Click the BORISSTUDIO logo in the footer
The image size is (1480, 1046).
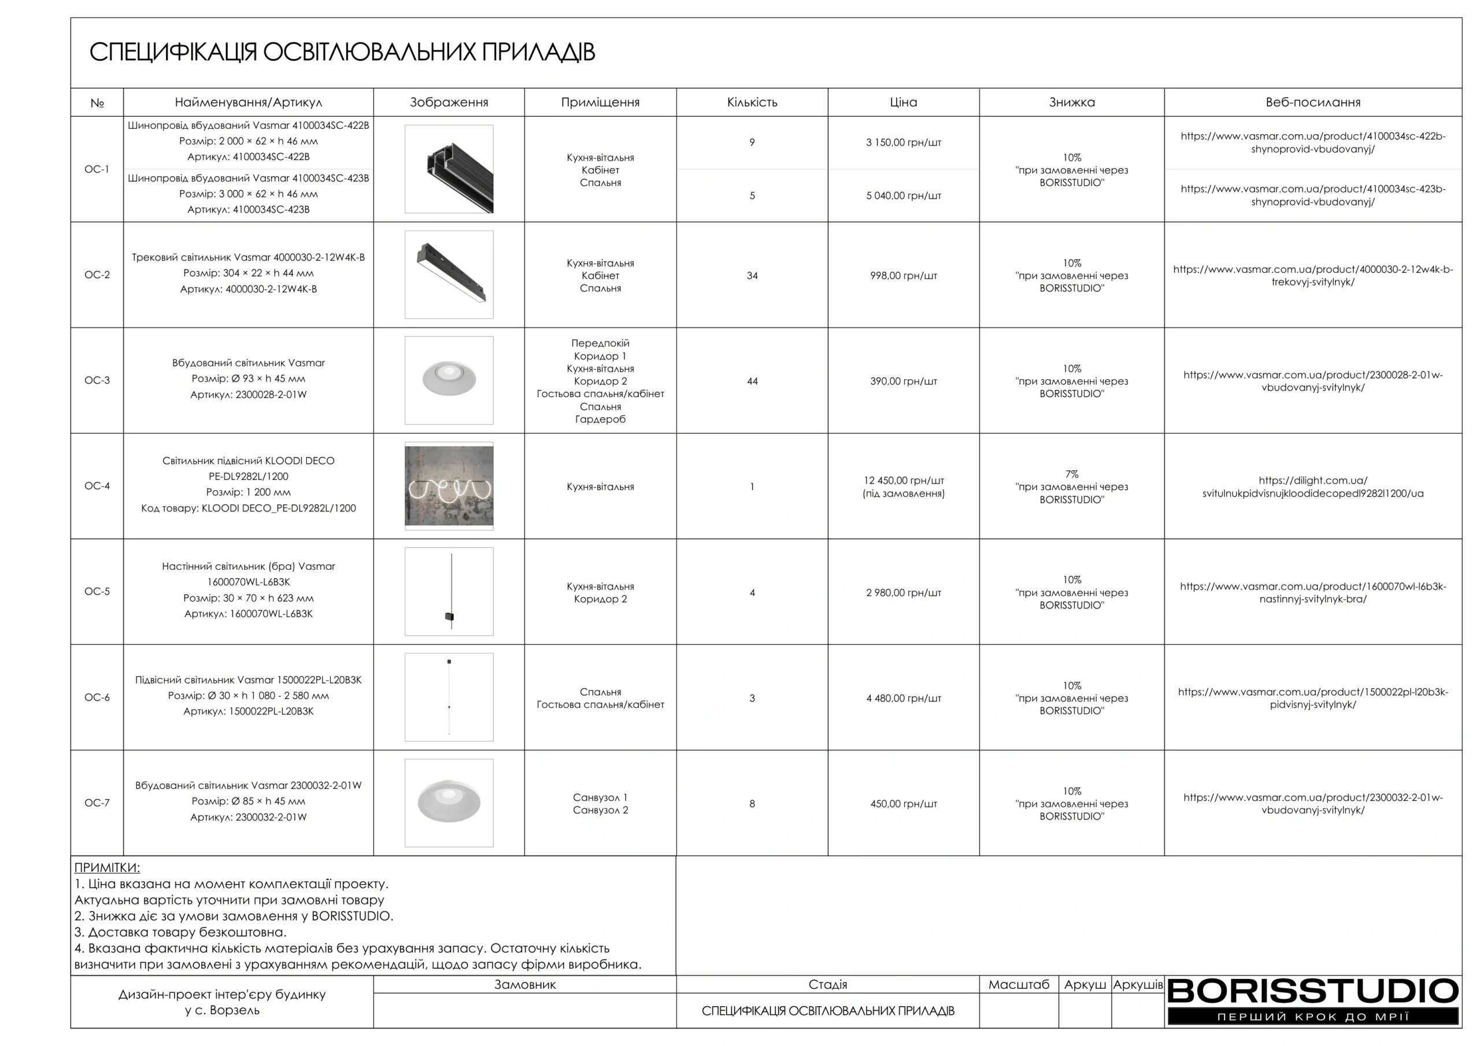click(1312, 1000)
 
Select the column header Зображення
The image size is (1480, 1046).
click(449, 102)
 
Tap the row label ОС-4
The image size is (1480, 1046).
click(97, 486)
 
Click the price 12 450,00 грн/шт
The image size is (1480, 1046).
click(903, 481)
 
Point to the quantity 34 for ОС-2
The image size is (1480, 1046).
click(752, 276)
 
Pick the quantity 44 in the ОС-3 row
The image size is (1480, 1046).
click(752, 381)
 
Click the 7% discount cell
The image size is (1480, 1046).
click(1071, 487)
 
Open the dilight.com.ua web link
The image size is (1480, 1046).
click(1312, 487)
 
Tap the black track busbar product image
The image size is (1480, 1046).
click(449, 169)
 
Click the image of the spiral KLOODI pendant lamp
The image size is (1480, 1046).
click(449, 486)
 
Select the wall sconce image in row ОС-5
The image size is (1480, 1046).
click(449, 592)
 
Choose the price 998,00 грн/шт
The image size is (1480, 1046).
click(903, 276)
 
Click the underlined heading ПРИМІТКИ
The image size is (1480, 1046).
click(107, 867)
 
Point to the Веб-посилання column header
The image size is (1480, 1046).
click(1312, 102)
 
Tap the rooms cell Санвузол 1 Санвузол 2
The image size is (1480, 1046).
click(600, 804)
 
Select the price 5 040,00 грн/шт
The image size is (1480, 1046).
click(903, 196)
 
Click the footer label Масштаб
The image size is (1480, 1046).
click(1019, 985)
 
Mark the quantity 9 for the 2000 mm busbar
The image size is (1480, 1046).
click(752, 142)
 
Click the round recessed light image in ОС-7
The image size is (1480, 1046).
click(449, 803)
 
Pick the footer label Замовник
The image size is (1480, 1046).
click(525, 985)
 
